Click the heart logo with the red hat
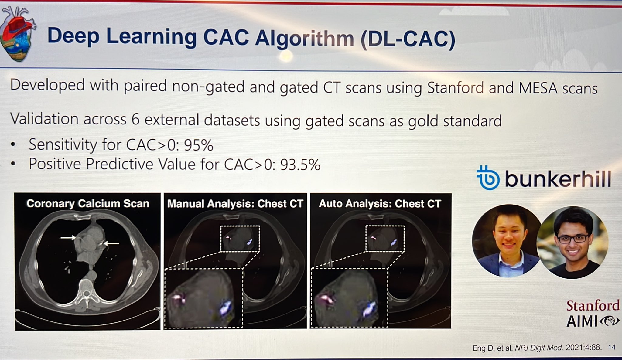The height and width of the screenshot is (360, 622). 18,35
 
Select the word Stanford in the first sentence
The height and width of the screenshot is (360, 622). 455,87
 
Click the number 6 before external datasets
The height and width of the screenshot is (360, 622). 135,120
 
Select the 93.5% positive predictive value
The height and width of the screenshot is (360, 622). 300,165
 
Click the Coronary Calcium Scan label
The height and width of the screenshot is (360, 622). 88,203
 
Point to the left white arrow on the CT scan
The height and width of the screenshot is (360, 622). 68,237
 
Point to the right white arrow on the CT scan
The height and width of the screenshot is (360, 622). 111,243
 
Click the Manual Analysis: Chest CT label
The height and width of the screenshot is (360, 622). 235,204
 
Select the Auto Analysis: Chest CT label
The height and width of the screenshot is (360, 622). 380,204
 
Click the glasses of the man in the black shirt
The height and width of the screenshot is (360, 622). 573,239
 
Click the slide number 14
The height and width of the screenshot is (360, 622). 612,347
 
